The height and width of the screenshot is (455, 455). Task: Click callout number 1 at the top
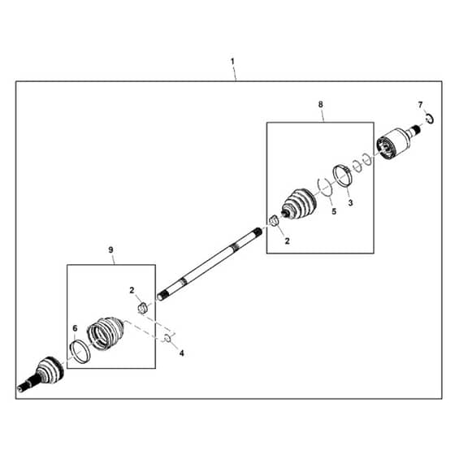tap(232, 62)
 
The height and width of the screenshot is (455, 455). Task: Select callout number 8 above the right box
tap(320, 105)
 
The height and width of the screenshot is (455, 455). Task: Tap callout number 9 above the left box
tap(110, 250)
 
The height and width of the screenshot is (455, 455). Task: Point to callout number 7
tap(421, 105)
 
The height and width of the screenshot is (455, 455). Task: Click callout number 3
tap(350, 203)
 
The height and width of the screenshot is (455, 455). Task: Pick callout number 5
tap(334, 211)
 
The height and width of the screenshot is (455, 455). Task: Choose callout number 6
tap(75, 328)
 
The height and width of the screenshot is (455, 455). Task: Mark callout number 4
tap(182, 353)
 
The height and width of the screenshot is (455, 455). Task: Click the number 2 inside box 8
tap(287, 240)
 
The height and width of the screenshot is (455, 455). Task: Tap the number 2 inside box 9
tap(132, 290)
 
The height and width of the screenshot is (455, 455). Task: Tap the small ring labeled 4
tap(167, 338)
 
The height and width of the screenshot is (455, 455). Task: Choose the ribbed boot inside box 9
tap(105, 333)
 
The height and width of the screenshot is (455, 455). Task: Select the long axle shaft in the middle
tap(210, 264)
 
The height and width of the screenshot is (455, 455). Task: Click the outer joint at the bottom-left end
tap(41, 374)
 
